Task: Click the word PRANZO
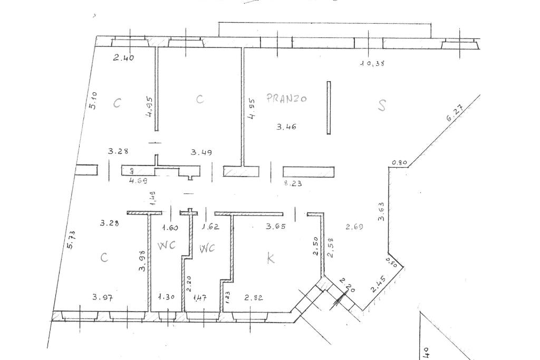click(287, 98)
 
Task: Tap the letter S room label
click(382, 105)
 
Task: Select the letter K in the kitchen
click(271, 258)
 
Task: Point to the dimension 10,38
click(372, 64)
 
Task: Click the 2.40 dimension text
click(123, 57)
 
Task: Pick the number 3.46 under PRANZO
click(286, 126)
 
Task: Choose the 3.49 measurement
click(201, 152)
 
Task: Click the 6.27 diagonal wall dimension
click(455, 114)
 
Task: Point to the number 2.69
click(355, 227)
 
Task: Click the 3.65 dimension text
click(276, 227)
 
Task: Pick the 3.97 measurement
click(102, 297)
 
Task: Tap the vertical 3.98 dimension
click(141, 260)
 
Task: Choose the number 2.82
click(254, 298)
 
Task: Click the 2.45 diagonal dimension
click(378, 285)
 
